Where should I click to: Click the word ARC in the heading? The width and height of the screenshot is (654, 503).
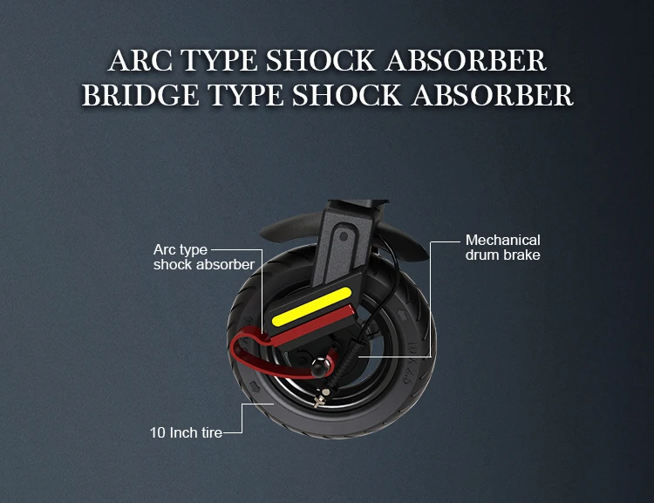(x=140, y=60)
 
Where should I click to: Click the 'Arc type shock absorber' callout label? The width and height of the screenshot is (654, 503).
(x=203, y=257)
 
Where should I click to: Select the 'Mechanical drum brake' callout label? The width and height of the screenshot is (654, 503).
(x=503, y=248)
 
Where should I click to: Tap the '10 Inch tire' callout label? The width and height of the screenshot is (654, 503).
(x=184, y=432)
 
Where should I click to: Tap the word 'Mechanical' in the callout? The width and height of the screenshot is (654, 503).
(x=503, y=240)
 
